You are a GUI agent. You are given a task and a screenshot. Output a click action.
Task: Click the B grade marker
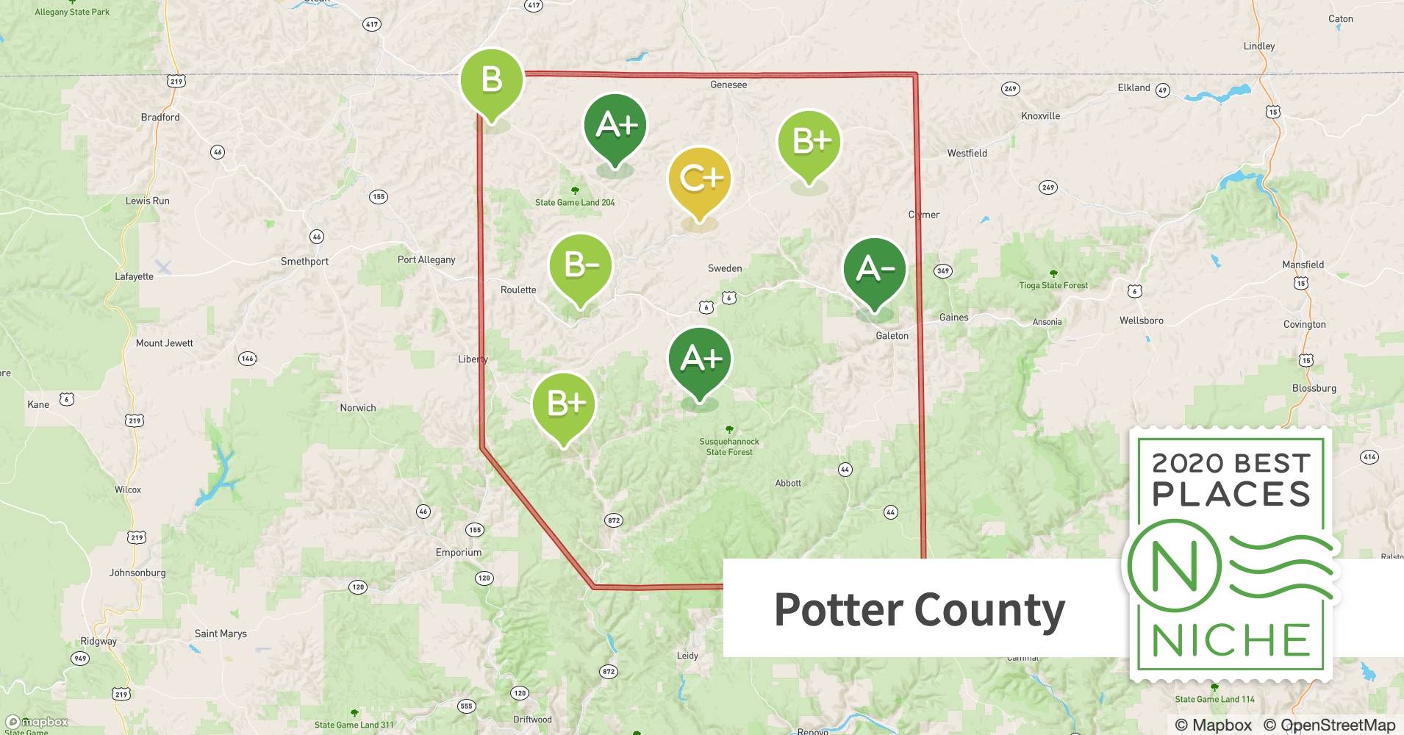click(x=491, y=80)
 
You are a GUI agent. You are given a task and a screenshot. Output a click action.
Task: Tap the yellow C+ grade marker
click(x=699, y=179)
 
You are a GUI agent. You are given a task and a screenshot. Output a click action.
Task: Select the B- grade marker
click(x=581, y=265)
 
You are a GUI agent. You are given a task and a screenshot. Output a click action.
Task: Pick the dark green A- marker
click(x=875, y=269)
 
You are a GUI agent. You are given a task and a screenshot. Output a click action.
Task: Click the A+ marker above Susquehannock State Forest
click(x=699, y=359)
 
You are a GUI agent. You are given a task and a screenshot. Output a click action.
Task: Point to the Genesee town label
click(x=728, y=85)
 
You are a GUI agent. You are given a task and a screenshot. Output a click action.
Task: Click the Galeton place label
click(x=892, y=336)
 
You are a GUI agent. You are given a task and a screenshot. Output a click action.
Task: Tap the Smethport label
click(x=304, y=261)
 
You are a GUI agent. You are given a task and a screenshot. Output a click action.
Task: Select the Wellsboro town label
click(x=1141, y=320)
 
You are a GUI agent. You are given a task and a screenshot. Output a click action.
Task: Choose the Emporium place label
click(x=459, y=552)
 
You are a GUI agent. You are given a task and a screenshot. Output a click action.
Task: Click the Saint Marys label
click(x=221, y=634)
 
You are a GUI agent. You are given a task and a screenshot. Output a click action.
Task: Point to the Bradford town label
click(x=160, y=117)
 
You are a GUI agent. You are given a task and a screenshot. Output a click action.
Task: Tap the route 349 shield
click(x=943, y=270)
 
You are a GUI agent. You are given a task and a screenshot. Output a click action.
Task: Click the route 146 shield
click(x=247, y=359)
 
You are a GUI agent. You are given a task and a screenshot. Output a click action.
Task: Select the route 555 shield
click(x=466, y=706)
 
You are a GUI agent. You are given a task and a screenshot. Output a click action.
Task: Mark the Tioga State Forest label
click(x=1053, y=285)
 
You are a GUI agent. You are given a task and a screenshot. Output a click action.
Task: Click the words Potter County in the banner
click(x=919, y=610)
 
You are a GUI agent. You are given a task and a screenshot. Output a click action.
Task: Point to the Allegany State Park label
click(x=72, y=12)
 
